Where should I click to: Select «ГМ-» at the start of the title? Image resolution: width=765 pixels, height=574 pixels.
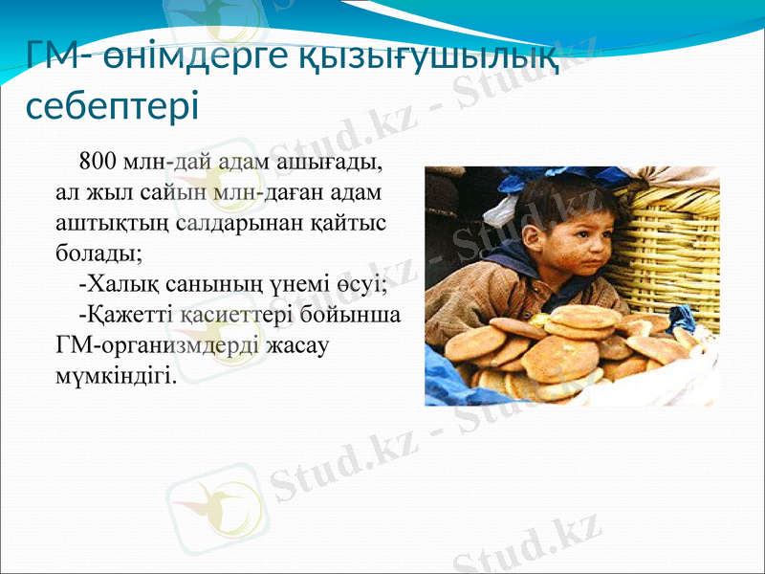tap(59, 57)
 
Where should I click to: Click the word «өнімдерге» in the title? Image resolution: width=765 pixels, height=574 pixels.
tap(191, 57)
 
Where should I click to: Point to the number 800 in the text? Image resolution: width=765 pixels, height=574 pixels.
tap(98, 159)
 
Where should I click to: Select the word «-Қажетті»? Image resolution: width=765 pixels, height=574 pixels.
tap(127, 315)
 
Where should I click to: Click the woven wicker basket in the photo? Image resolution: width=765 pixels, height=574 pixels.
tap(674, 239)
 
